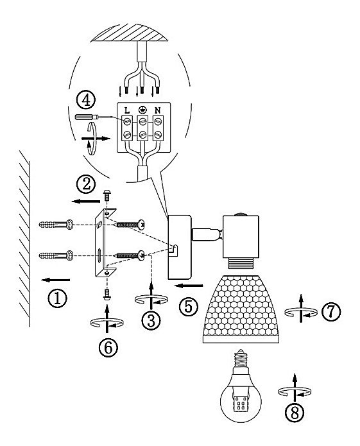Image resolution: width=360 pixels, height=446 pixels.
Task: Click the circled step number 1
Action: pos(58,298)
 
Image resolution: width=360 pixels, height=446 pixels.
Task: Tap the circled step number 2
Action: pos(86,184)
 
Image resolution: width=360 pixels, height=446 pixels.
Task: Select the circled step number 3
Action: pos(151,320)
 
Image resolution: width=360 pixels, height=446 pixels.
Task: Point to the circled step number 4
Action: pos(85,100)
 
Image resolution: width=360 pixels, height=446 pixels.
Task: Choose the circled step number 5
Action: pos(189,307)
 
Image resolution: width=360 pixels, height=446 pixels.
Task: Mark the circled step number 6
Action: pos(108,347)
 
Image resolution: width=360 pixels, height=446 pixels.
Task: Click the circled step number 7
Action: pos(331,311)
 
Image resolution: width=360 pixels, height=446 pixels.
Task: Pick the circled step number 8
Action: pos(295,413)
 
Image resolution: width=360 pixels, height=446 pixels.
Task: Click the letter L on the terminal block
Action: pos(127,110)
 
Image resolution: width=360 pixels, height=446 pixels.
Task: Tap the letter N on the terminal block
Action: pos(157,110)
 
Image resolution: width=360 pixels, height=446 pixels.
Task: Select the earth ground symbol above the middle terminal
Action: pos(142,110)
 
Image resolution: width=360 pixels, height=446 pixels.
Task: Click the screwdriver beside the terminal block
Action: pos(87,117)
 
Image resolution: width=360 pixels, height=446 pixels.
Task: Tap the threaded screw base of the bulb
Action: pos(241,359)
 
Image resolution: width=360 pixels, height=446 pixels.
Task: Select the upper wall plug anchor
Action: pos(56,225)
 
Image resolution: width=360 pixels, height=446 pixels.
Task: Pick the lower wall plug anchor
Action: pos(56,255)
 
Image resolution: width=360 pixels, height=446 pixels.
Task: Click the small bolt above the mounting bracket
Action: pos(107,195)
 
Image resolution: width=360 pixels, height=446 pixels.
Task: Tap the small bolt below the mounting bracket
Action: pos(107,295)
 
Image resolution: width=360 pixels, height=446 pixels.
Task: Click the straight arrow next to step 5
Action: pos(189,286)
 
